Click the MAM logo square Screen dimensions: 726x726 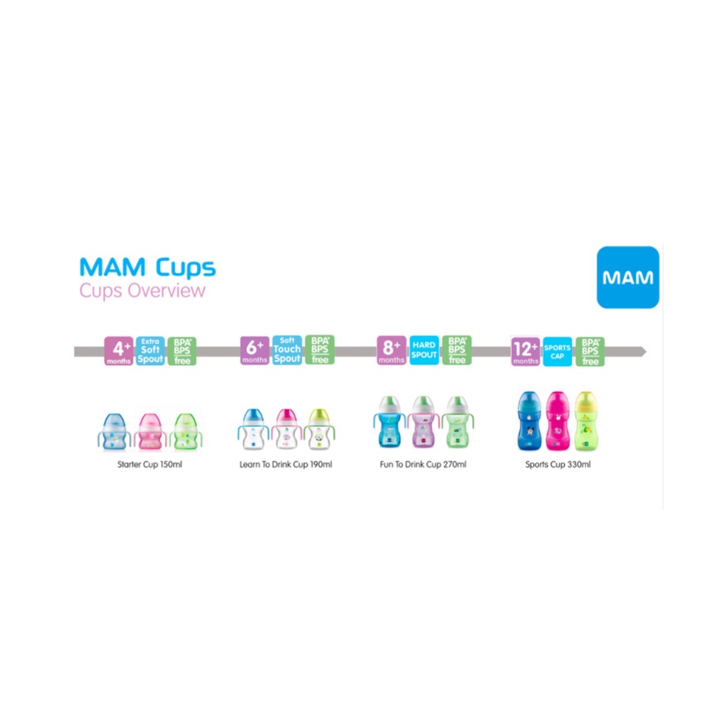pyautogui.click(x=627, y=277)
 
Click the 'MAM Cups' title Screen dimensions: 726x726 pyautogui.click(x=147, y=267)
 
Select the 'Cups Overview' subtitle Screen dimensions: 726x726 pyautogui.click(x=143, y=291)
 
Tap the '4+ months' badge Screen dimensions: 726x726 pyautogui.click(x=119, y=351)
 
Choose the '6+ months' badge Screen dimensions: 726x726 pyautogui.click(x=255, y=350)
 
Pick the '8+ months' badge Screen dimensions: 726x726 pyautogui.click(x=391, y=350)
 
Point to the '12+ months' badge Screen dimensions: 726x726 pyautogui.click(x=525, y=351)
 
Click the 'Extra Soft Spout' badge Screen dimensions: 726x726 pyautogui.click(x=150, y=351)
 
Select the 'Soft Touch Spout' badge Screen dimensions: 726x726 pyautogui.click(x=286, y=350)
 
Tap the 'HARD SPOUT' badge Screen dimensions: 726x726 pyautogui.click(x=424, y=350)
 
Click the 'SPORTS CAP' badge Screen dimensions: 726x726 pyautogui.click(x=557, y=351)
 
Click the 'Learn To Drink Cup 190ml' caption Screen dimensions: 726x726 pyautogui.click(x=286, y=465)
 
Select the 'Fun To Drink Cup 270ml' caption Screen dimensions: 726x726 pyautogui.click(x=423, y=465)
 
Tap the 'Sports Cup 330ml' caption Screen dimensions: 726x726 pyautogui.click(x=558, y=465)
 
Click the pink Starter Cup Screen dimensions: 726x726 pyautogui.click(x=150, y=430)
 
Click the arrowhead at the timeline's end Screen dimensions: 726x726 pyautogui.click(x=642, y=351)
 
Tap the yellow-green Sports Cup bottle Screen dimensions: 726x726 pyautogui.click(x=585, y=421)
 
